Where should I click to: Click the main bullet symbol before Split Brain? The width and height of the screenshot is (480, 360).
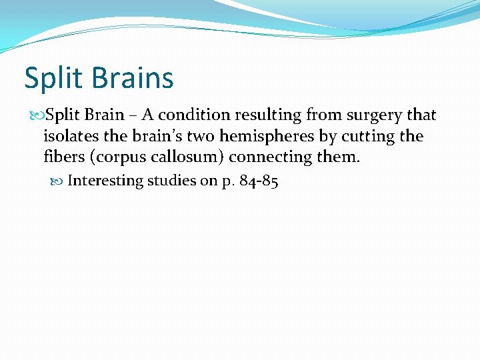coord(39,115)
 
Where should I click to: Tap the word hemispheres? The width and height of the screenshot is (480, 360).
coord(262,137)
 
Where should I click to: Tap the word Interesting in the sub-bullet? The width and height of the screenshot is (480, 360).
coord(105,181)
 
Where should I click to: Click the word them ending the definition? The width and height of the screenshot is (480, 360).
coord(339,157)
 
